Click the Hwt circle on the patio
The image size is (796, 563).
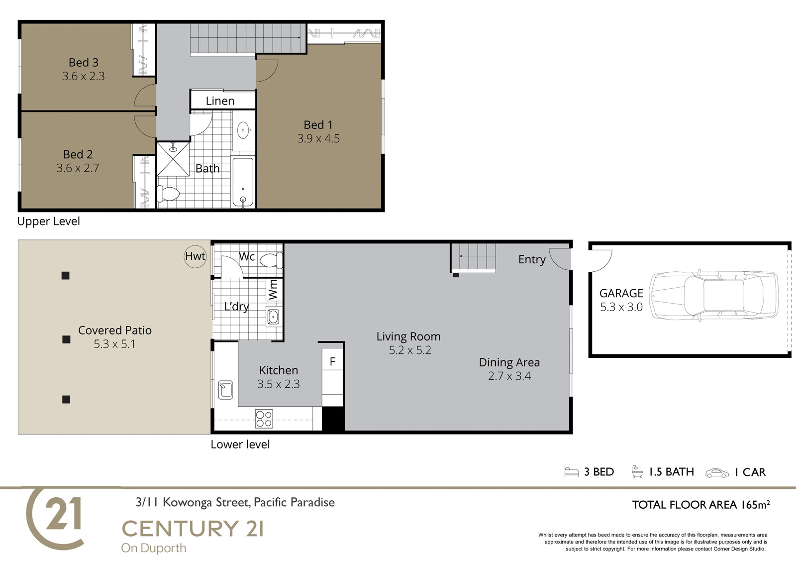coord(195,256)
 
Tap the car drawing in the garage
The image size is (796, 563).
coord(714,296)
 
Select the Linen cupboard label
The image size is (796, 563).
coord(220,101)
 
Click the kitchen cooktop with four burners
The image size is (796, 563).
coord(264,419)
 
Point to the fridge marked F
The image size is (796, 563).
coord(333,362)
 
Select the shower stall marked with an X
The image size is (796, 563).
coord(173,159)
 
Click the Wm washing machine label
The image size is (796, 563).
coord(273,290)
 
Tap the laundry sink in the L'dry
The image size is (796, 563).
coord(273,317)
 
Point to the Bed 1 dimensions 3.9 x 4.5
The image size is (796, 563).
coord(318,138)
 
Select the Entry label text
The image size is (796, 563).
coord(532,260)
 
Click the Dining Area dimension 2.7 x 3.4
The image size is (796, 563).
coord(509,376)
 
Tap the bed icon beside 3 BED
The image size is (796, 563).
coord(572,471)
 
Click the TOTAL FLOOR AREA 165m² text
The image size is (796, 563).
coord(701,505)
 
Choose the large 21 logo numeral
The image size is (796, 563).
coord(63,514)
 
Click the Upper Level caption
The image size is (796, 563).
coord(48,221)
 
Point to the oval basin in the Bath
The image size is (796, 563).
coord(243,130)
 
